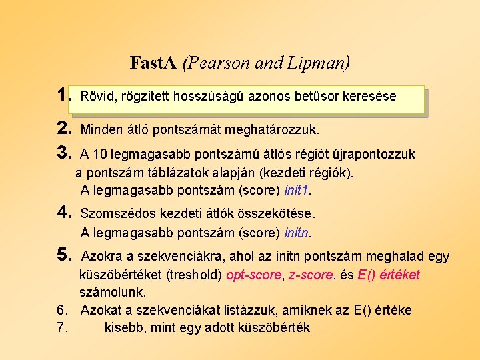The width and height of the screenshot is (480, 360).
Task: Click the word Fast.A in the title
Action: point(153,63)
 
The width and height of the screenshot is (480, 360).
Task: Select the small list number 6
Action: point(61,310)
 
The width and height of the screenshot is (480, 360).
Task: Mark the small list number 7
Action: point(61,327)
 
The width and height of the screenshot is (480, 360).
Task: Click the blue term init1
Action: point(297,190)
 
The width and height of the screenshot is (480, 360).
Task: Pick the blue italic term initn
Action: point(297,233)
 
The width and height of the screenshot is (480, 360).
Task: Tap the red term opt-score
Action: point(254,275)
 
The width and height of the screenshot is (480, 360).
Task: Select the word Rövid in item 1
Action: point(96,96)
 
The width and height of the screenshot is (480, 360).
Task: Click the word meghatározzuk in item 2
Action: point(273,127)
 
